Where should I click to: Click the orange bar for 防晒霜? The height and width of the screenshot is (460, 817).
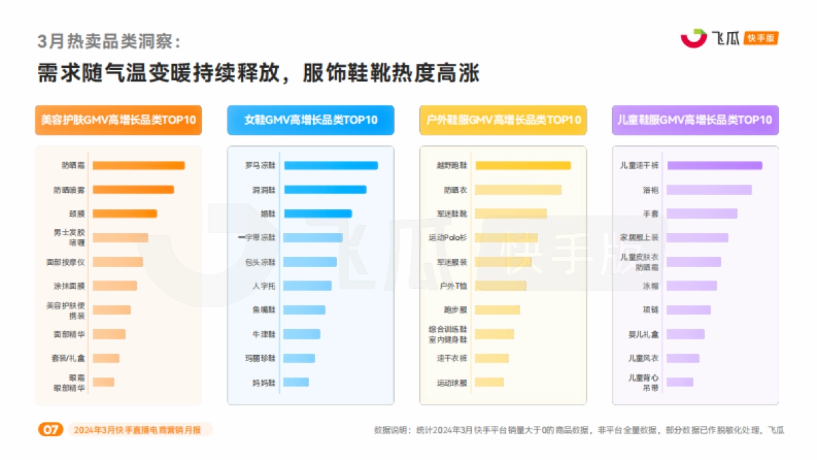point(138,166)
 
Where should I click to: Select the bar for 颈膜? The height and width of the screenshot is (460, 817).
point(125,213)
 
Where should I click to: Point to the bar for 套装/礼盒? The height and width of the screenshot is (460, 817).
point(106,358)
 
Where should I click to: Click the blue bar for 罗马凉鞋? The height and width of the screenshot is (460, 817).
point(330,166)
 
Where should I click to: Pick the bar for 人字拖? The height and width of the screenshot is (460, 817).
point(308,286)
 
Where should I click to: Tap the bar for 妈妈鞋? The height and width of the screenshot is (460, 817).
point(296,382)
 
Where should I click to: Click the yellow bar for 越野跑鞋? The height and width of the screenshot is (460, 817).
point(523,166)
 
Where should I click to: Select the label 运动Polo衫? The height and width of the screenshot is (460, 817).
point(447,238)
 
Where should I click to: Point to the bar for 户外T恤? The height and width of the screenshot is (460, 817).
point(500,286)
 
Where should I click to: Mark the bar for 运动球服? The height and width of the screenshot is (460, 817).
point(490,382)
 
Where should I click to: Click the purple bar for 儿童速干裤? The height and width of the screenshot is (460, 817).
point(714,166)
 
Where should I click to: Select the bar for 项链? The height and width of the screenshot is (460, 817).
point(688,310)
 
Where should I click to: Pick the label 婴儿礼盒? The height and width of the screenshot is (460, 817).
point(643,334)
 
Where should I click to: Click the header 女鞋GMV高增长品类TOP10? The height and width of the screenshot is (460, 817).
point(310,120)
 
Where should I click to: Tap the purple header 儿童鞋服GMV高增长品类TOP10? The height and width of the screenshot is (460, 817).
point(695,120)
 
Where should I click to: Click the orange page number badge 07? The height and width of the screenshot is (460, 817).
point(50,430)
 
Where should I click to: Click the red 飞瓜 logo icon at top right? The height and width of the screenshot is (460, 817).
point(694,38)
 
